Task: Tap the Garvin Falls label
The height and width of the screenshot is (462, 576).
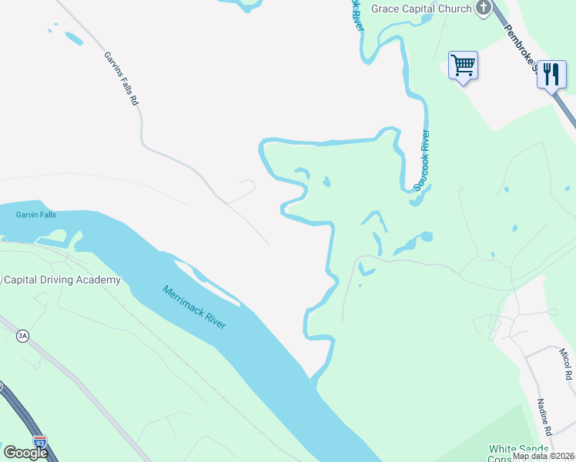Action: click(36, 215)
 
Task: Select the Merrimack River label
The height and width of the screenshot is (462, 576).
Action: click(194, 307)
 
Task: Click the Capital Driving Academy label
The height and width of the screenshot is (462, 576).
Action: click(62, 280)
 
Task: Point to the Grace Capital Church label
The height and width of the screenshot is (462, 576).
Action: click(421, 8)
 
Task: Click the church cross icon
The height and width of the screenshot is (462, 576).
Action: click(484, 8)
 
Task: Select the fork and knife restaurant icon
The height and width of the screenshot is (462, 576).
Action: click(551, 74)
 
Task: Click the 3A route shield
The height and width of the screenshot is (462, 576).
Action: click(22, 335)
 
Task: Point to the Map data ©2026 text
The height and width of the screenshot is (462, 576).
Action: click(543, 456)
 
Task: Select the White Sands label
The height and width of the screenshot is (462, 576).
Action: click(519, 448)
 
